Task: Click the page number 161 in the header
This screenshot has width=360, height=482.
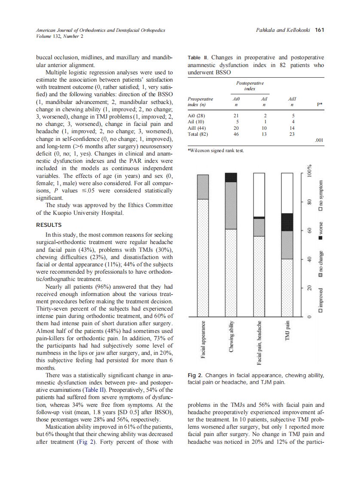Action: tap(319, 30)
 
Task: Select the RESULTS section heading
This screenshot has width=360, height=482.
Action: tap(49, 225)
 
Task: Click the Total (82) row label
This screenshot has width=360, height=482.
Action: tap(198, 134)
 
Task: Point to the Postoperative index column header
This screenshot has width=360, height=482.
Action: tap(250, 85)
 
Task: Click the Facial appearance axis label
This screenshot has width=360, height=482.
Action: tap(202, 339)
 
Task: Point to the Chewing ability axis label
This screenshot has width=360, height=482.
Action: tap(231, 337)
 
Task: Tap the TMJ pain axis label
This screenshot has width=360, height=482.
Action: tap(287, 331)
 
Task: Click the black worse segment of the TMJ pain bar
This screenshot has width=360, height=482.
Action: tap(287, 222)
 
